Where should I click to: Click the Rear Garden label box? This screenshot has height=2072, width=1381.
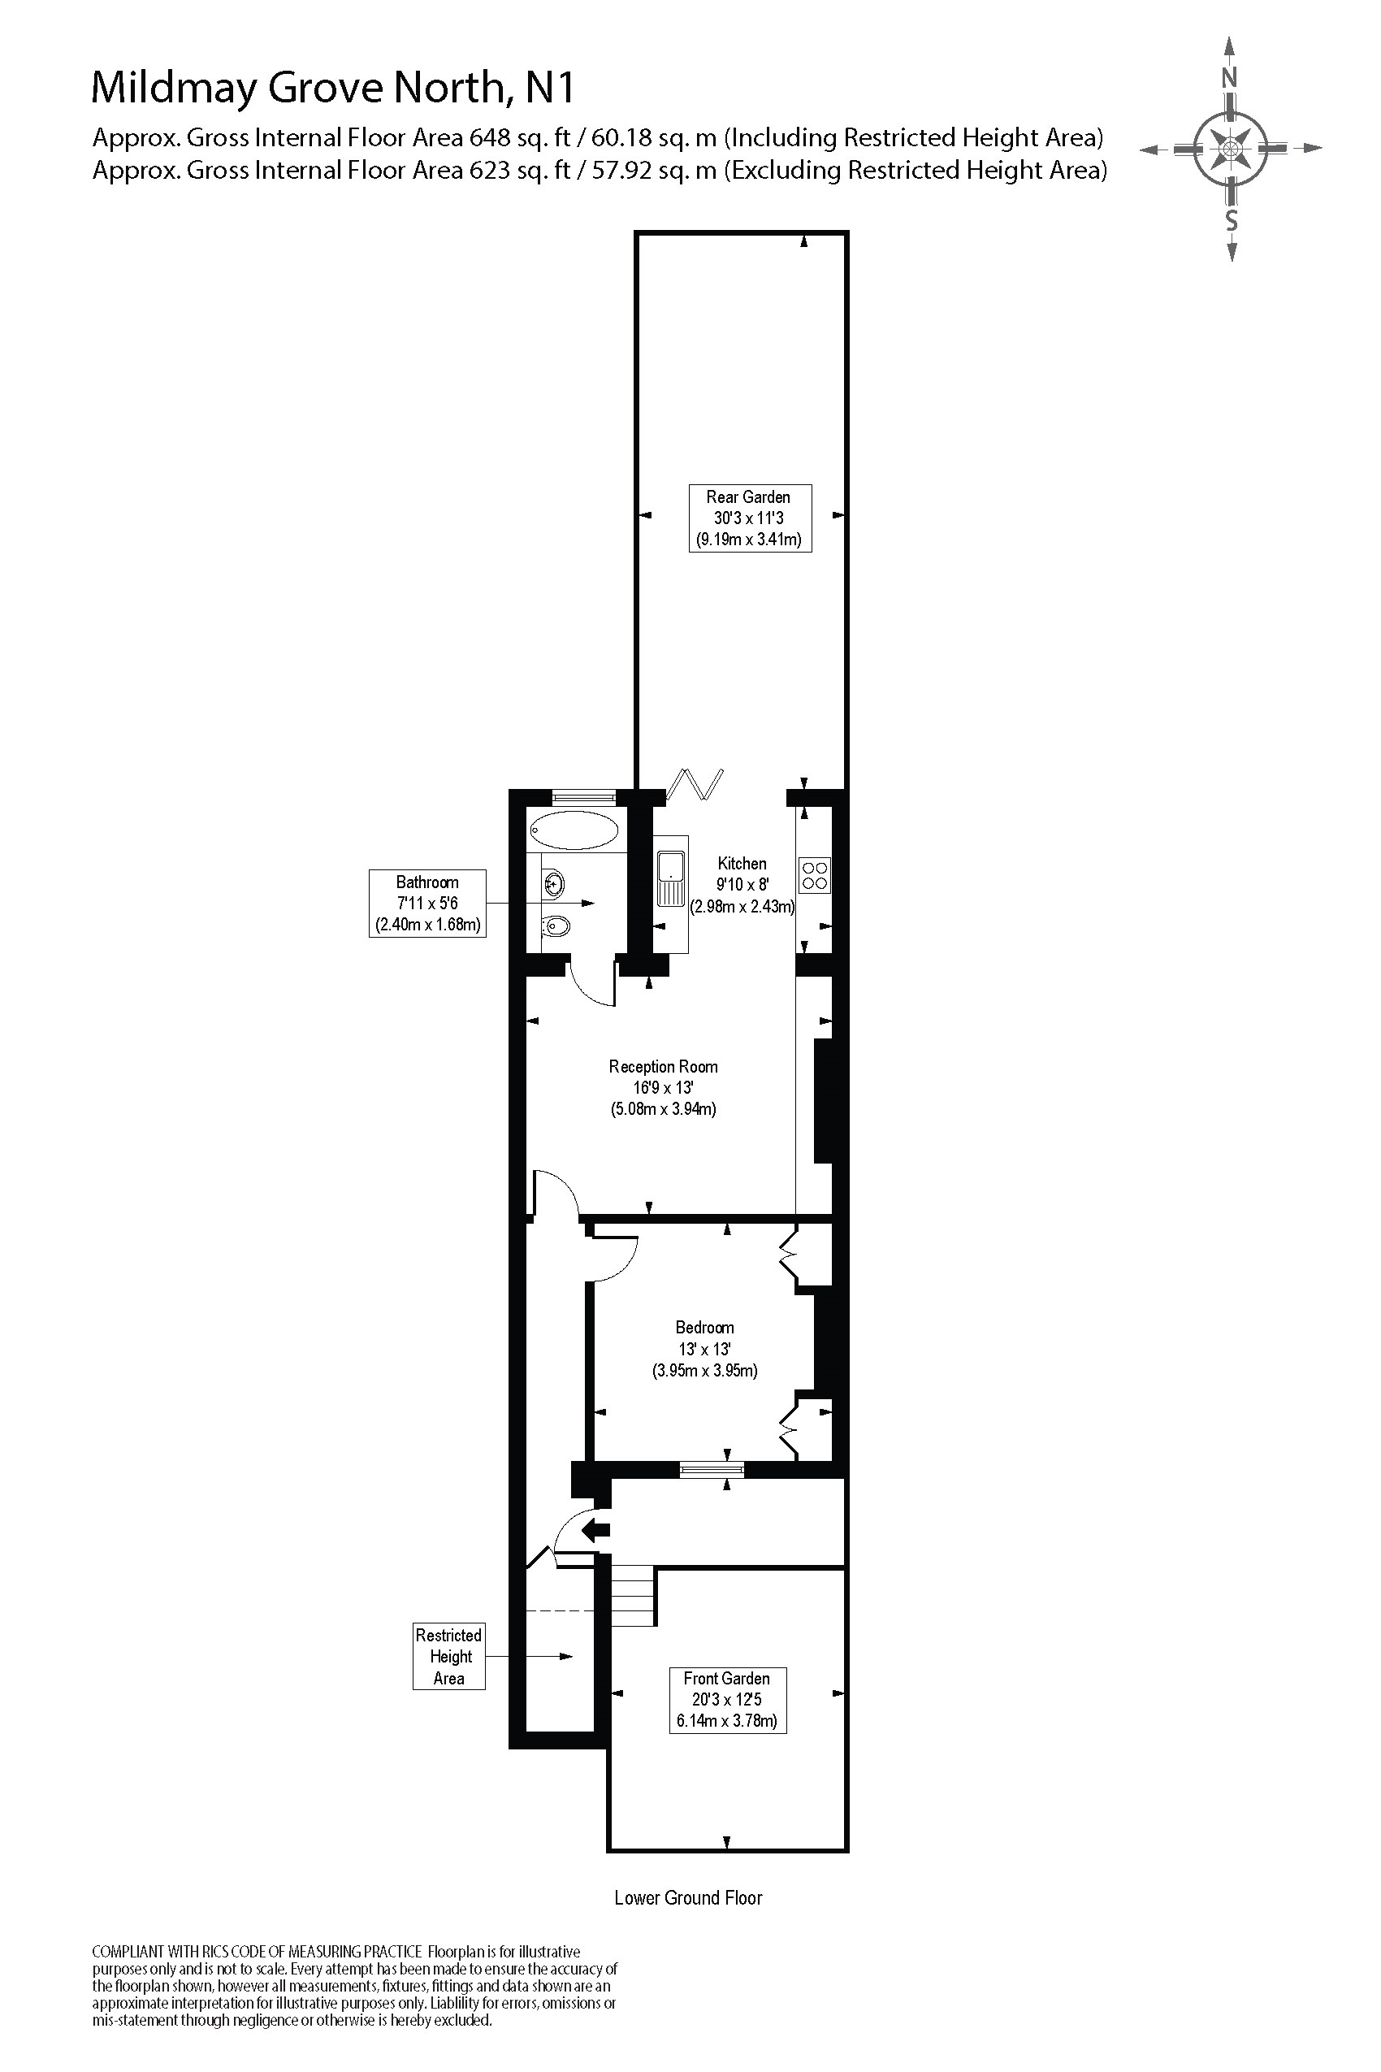coord(750,518)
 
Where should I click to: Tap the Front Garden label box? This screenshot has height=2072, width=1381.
coord(728,1699)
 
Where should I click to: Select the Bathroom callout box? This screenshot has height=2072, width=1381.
coord(427,903)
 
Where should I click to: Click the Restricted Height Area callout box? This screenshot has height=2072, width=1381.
coord(448,1656)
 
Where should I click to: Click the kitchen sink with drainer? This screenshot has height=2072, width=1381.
coord(671,878)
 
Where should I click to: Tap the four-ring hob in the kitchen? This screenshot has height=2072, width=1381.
coord(815,875)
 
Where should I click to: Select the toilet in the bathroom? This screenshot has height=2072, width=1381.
coord(556,925)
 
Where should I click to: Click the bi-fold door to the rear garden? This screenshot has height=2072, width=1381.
coord(696,783)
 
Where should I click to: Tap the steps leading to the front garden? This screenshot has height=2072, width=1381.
coord(634,1594)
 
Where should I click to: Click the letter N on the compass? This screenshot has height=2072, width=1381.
coord(1230,77)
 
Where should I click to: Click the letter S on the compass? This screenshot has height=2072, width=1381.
coord(1232,220)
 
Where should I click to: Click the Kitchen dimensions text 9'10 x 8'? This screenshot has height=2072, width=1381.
coord(742,885)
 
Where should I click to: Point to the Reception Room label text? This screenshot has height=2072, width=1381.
coord(663,1067)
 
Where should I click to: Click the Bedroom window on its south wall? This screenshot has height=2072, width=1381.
coord(712,1468)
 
